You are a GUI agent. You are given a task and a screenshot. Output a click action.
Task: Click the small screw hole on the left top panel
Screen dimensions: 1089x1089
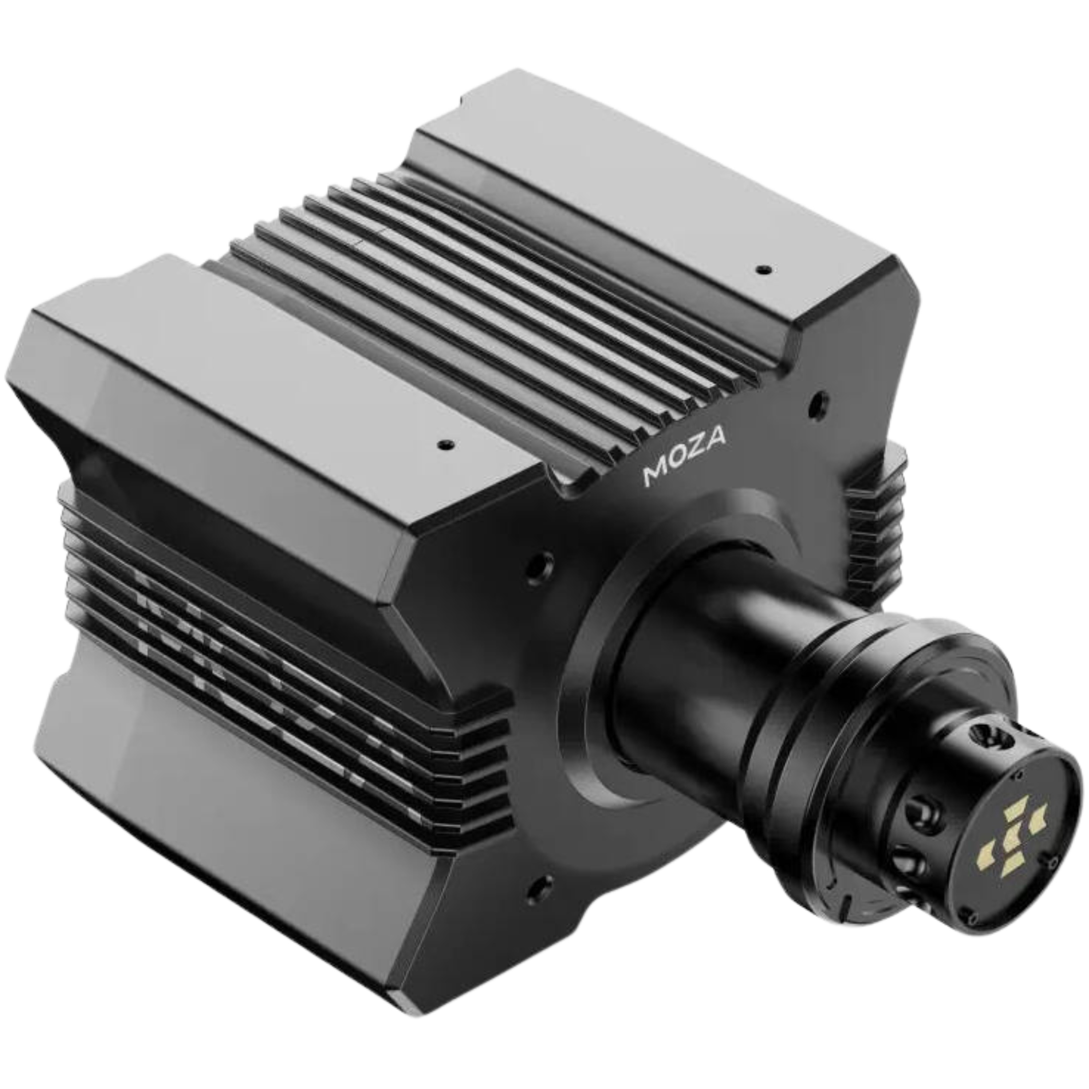point(446,444)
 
